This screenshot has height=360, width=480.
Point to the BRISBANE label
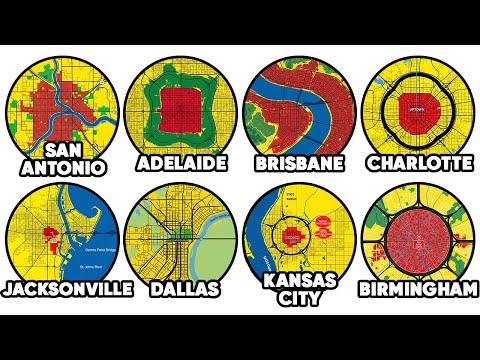pyautogui.click(x=298, y=161)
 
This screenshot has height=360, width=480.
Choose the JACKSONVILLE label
pyautogui.click(x=68, y=288)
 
